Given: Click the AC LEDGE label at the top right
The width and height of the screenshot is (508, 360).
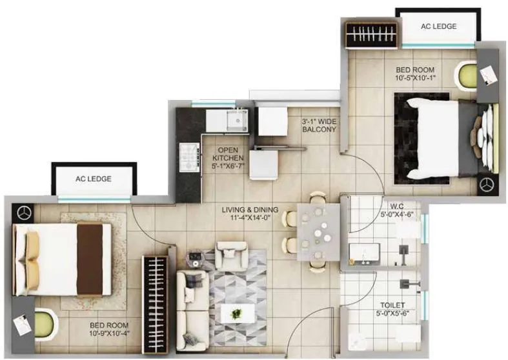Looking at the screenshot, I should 438,26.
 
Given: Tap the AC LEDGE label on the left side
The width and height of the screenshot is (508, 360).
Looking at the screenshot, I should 94,179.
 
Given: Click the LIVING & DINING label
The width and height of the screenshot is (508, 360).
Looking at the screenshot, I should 250,214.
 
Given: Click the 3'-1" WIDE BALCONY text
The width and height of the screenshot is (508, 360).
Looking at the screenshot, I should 320,125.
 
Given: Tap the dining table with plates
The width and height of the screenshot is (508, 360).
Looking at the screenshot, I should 317,230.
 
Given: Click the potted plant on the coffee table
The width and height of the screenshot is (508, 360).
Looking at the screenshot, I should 236,314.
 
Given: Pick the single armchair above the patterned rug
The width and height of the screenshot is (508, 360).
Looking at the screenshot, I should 231,254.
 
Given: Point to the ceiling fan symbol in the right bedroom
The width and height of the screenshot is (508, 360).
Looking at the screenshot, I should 487,185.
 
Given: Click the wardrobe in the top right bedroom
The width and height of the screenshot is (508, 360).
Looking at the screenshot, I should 371,35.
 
